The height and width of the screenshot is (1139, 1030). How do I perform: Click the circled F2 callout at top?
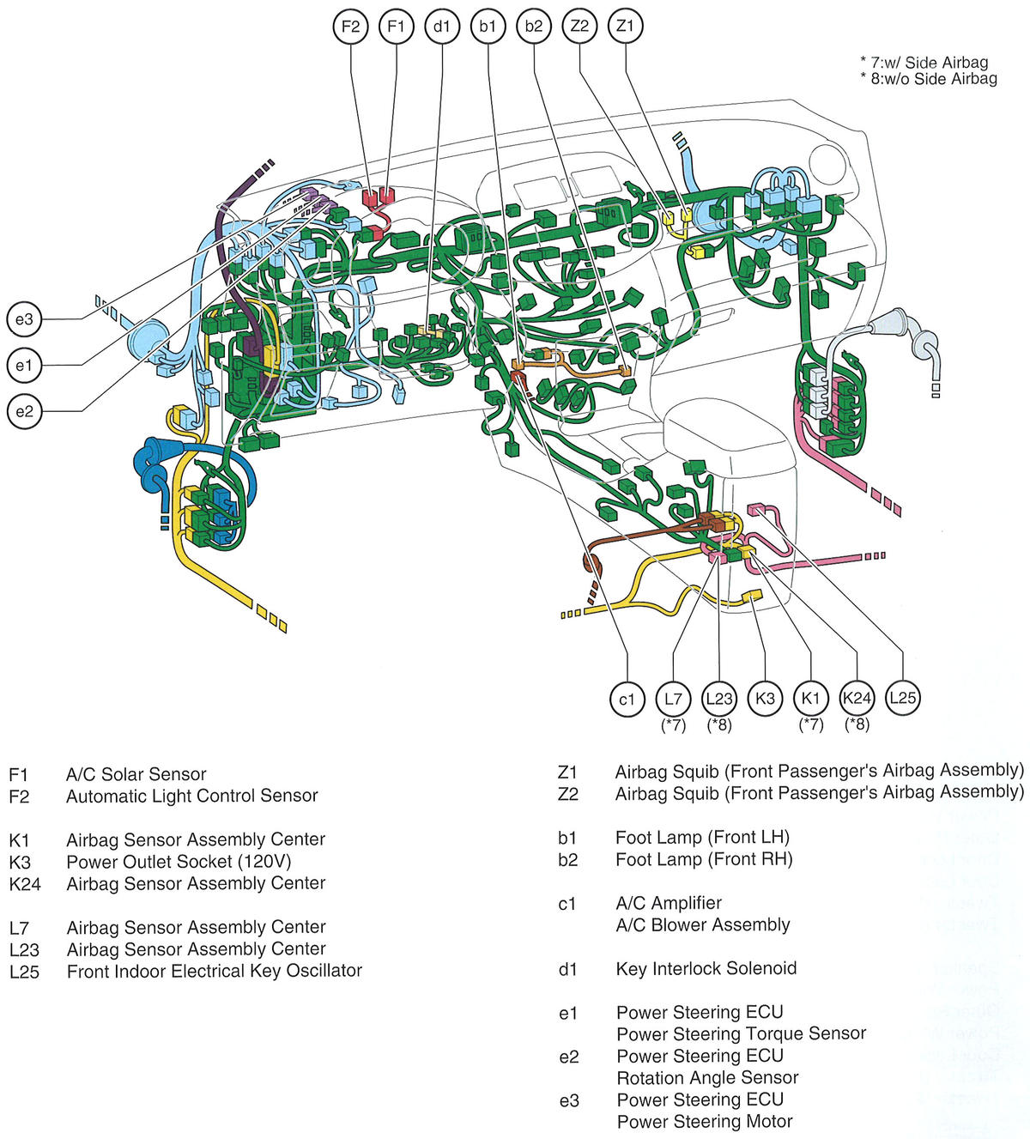350,27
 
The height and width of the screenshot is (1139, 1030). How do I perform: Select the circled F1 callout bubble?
396,27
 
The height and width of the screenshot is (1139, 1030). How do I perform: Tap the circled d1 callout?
441,27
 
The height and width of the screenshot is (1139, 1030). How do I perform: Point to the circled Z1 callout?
625,26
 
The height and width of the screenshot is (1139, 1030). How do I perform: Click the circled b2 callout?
533,27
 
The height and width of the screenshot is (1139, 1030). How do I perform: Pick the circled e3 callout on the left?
24,320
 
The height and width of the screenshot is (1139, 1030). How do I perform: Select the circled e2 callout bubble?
24,411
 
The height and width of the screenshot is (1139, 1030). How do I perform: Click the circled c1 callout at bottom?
627,699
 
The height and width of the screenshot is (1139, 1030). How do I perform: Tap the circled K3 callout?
765,699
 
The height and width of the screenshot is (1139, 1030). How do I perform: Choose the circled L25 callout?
902,698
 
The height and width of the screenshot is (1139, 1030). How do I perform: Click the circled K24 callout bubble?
857,698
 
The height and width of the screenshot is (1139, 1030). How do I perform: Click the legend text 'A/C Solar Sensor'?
136,774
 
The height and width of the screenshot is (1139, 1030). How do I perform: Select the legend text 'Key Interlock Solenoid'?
706,969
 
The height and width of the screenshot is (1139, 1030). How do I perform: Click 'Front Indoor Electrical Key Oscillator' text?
214,971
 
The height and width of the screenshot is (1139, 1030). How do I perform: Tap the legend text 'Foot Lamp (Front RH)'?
704,859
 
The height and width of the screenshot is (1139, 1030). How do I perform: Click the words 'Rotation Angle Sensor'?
707,1077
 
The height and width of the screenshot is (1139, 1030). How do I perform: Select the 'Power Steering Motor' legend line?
704,1121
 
